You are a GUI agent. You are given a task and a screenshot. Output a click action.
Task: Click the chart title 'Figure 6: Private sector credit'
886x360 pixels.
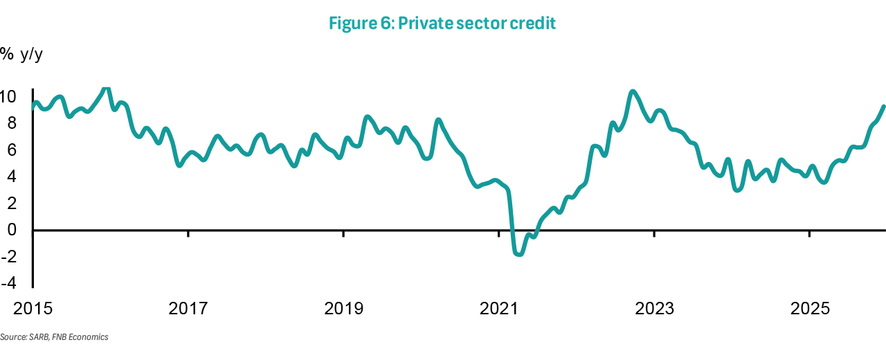(442, 24)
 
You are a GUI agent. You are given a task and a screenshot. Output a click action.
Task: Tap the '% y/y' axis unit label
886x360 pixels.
(21, 54)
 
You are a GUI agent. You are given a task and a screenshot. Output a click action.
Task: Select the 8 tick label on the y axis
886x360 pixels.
(11, 123)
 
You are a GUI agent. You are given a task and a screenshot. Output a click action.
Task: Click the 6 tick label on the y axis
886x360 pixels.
(11, 150)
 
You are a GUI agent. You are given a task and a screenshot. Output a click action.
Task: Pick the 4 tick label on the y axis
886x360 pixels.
(11, 177)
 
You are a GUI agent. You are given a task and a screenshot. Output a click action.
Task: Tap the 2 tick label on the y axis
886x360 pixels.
(11, 203)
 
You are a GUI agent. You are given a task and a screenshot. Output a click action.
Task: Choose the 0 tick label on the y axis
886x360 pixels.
(11, 230)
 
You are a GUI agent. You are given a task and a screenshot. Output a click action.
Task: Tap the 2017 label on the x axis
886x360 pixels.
(188, 308)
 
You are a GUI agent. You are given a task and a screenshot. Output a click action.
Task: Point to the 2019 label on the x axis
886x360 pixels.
(344, 308)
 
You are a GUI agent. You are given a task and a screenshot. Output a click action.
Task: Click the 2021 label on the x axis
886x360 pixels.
(499, 308)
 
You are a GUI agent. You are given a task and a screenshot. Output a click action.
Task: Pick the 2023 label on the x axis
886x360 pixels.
(655, 308)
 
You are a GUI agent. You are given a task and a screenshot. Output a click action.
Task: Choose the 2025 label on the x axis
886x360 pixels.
(810, 308)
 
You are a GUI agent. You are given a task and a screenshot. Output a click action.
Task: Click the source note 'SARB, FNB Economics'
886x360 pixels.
(55, 337)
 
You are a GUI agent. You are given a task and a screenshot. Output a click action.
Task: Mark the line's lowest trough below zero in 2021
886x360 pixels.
(519, 254)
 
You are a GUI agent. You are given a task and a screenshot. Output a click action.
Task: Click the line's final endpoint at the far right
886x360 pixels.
(883, 106)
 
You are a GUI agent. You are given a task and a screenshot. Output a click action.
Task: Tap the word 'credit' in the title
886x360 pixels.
(533, 24)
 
